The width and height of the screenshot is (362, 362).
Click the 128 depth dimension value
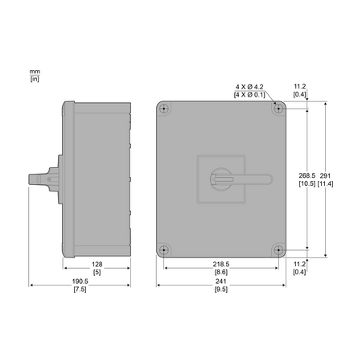97,265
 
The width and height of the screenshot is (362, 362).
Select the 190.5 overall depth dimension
80,282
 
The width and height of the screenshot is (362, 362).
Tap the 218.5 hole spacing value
221,265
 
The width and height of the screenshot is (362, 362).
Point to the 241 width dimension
221,282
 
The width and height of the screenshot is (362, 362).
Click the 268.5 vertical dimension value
307,175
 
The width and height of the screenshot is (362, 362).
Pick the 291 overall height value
325,175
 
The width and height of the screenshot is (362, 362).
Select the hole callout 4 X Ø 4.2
249,87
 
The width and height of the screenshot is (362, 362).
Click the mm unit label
35,72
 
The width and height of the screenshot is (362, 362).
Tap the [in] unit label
35,79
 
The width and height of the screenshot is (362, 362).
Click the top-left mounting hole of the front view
163,109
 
